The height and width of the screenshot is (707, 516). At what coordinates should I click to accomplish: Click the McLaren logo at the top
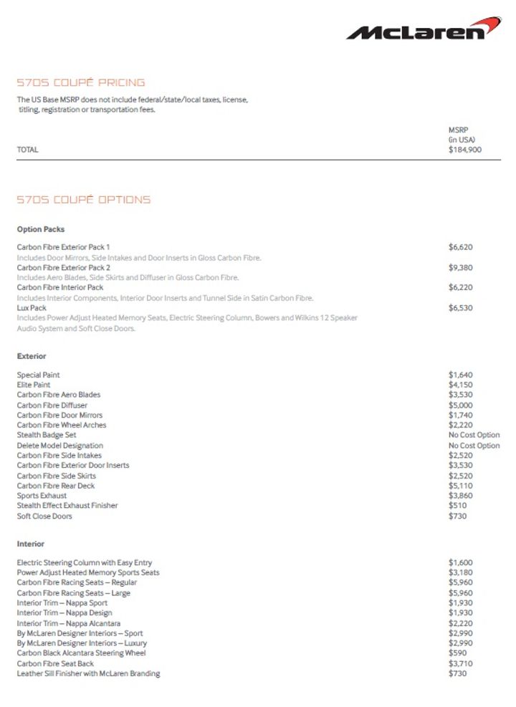click(x=424, y=29)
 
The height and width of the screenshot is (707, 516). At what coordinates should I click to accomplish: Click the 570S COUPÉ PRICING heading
click(x=81, y=82)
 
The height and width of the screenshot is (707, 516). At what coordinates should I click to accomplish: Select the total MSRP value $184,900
click(x=465, y=150)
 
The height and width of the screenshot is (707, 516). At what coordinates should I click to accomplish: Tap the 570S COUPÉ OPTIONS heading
click(x=84, y=200)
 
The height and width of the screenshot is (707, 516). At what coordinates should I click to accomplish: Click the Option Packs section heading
click(x=41, y=230)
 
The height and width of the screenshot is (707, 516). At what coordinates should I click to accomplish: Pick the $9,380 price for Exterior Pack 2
click(x=461, y=267)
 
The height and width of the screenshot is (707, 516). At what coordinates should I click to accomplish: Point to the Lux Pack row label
click(x=32, y=308)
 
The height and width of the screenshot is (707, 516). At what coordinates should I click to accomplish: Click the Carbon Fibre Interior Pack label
click(x=60, y=287)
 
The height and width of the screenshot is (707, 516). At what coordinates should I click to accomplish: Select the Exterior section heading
click(x=32, y=356)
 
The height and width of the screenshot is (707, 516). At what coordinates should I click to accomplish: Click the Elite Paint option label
click(x=34, y=385)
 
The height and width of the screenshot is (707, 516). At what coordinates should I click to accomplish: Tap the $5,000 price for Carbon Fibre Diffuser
click(x=461, y=405)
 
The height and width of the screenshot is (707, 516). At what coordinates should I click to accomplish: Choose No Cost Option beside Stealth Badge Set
click(x=474, y=435)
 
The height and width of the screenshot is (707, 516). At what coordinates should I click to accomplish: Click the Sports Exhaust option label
click(x=42, y=496)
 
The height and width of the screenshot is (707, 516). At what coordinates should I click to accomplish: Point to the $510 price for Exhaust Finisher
click(x=457, y=506)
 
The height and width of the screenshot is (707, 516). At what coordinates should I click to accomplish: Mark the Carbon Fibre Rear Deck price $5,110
click(x=461, y=486)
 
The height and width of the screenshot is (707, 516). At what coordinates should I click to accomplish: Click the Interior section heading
click(x=31, y=544)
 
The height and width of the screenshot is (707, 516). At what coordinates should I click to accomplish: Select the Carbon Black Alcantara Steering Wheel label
click(x=82, y=653)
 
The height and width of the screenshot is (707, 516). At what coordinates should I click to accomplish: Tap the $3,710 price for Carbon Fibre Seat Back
click(x=461, y=663)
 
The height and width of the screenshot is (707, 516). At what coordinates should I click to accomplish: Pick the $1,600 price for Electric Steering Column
click(x=461, y=563)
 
